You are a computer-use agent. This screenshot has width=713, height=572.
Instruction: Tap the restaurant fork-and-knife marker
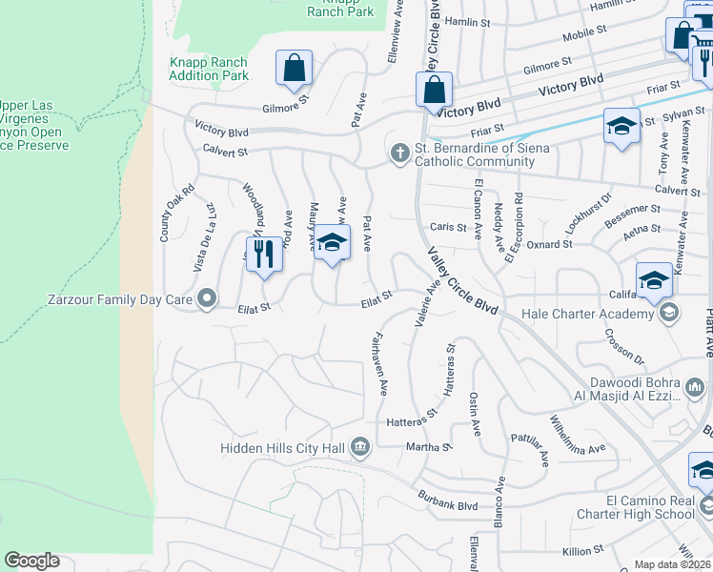pyautogui.click(x=264, y=255)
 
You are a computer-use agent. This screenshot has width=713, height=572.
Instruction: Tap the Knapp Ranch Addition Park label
pyautogui.click(x=209, y=69)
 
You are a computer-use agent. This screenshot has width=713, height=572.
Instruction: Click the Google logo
pyautogui.click(x=31, y=561)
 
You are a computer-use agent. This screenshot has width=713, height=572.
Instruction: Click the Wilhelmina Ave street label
pyautogui.click(x=577, y=435)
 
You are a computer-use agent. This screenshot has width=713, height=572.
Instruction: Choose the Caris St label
pyautogui.click(x=448, y=228)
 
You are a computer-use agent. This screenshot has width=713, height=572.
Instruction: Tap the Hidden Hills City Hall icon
pyautogui.click(x=360, y=446)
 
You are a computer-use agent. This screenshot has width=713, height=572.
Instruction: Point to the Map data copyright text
pyautogui.click(x=673, y=564)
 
